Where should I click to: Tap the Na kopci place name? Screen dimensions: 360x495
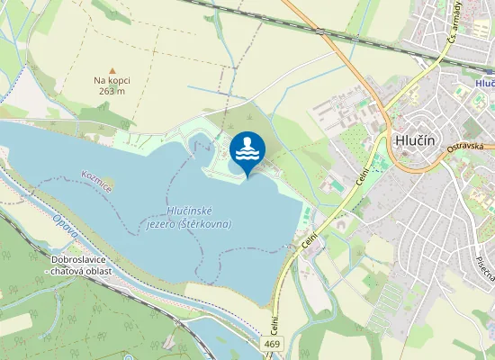tap(112, 80)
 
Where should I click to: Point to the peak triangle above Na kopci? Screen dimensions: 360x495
tap(112, 70)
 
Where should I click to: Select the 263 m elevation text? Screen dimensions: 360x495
tap(112, 90)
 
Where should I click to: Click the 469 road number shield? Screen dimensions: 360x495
tap(273, 345)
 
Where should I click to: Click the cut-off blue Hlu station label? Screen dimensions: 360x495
tap(486, 82)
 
